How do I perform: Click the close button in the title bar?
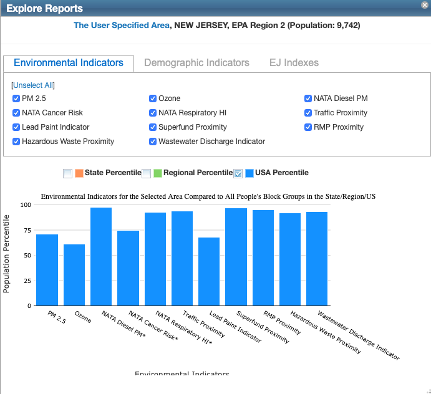pyautogui.click(x=425, y=4)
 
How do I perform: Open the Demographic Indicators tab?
pyautogui.click(x=196, y=63)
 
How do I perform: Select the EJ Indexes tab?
pyautogui.click(x=294, y=63)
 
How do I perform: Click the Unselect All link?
pyautogui.click(x=33, y=85)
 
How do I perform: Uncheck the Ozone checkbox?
pyautogui.click(x=153, y=98)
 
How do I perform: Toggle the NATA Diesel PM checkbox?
pyautogui.click(x=308, y=98)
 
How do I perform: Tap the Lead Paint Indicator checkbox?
pyautogui.click(x=16, y=127)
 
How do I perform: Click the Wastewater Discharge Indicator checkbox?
pyautogui.click(x=153, y=142)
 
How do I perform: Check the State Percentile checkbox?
pyautogui.click(x=68, y=173)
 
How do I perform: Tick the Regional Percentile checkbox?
pyautogui.click(x=147, y=173)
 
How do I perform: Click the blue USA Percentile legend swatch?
pyautogui.click(x=249, y=173)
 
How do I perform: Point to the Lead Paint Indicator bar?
pyautogui.click(x=209, y=272)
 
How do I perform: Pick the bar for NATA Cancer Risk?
pyautogui.click(x=128, y=268)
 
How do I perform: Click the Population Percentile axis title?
pyautogui.click(x=7, y=254)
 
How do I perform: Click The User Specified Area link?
pyautogui.click(x=121, y=26)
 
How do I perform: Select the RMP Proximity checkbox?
pyautogui.click(x=308, y=127)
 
